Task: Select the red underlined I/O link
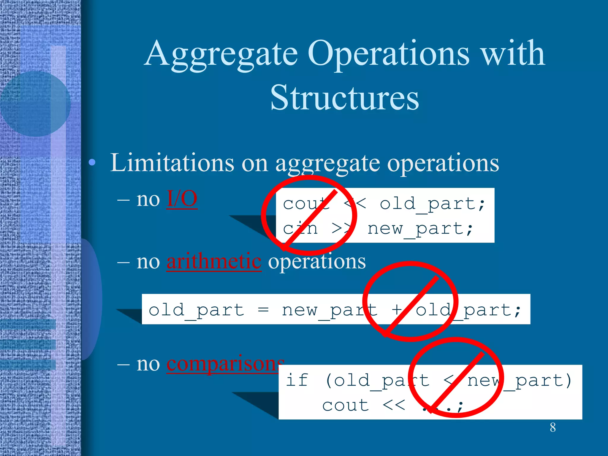pos(182,199)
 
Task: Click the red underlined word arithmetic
pos(214,262)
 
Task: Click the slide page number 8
pos(552,427)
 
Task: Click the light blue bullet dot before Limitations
pos(92,162)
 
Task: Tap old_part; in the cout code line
pos(432,204)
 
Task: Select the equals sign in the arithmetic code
pos(263,310)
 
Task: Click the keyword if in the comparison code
pos(297,380)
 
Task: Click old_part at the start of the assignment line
pos(196,311)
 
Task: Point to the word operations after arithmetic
pos(317,262)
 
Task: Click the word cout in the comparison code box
pos(346,406)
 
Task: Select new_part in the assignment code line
pos(330,311)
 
